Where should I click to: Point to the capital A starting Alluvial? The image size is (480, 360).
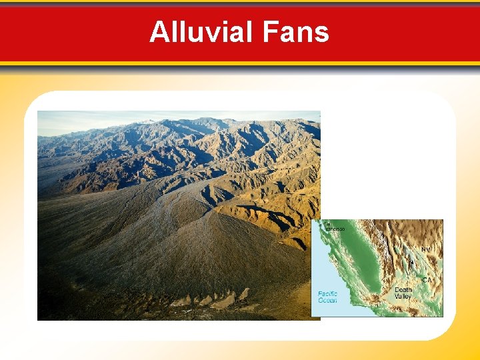point(159,32)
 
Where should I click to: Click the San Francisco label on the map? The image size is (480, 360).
point(333,226)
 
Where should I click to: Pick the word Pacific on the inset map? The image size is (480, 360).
point(327,293)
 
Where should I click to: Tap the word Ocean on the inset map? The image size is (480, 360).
point(327,301)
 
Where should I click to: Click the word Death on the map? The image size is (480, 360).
point(403,290)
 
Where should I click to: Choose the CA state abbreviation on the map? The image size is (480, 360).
point(427,280)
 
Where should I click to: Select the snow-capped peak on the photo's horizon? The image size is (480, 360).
point(148,121)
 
